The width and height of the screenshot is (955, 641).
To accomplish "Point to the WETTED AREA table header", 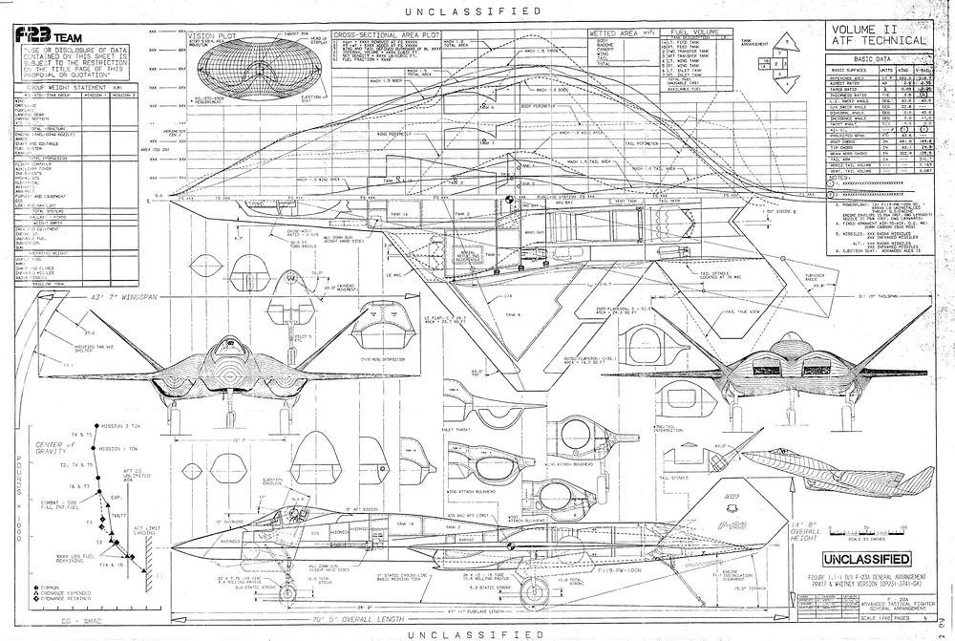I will pos(615,32).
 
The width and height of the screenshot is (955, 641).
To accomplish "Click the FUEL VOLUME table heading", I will pos(686,32).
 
